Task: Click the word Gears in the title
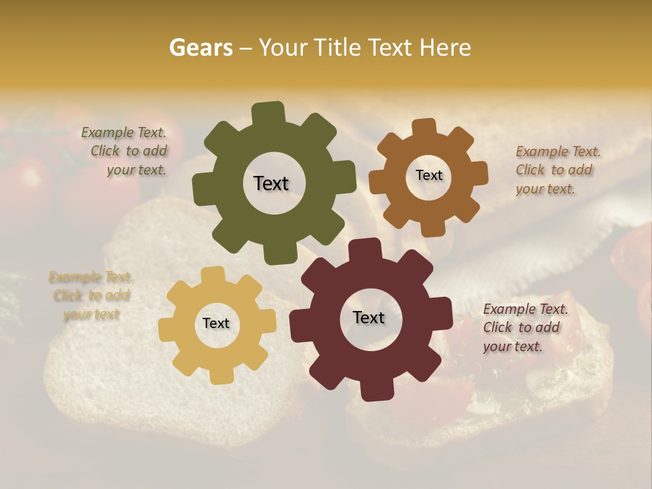[x=200, y=48]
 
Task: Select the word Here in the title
[x=446, y=48]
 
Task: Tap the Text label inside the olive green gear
[x=271, y=183]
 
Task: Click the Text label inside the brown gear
[x=429, y=175]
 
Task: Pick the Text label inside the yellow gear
[x=216, y=323]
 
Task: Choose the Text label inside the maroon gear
[x=369, y=317]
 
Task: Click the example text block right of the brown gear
[x=558, y=170]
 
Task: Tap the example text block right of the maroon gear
[x=525, y=327]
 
